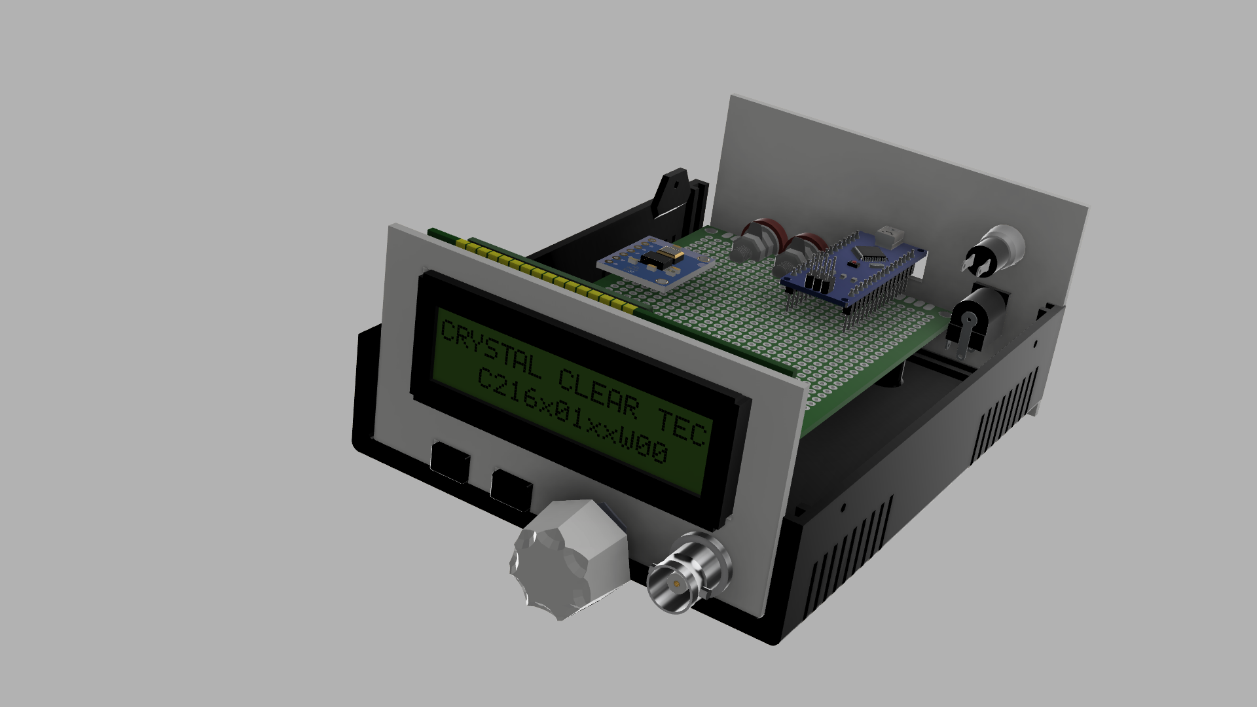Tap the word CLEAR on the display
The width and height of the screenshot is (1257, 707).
(x=598, y=391)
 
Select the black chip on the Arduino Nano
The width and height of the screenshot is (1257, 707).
(x=871, y=252)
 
